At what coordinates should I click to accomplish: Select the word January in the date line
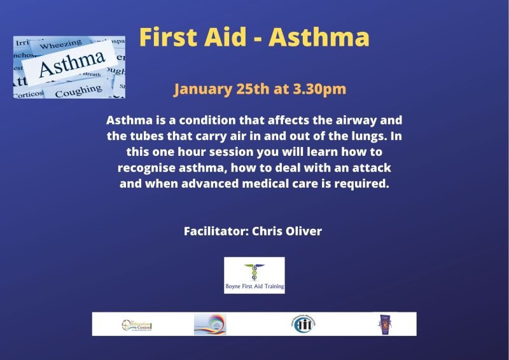tap(202, 89)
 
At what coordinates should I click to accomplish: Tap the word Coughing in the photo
tap(77, 91)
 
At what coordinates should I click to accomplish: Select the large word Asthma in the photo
tap(71, 64)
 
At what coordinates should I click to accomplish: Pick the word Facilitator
tap(214, 231)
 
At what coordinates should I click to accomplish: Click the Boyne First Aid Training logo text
tap(254, 287)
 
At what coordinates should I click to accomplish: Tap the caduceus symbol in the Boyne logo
tap(254, 272)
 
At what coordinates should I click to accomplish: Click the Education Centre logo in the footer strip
tap(137, 324)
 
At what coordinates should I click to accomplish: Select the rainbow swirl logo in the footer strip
tap(210, 324)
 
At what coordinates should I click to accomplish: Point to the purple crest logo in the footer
tap(382, 324)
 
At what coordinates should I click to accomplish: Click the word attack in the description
tap(370, 169)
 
